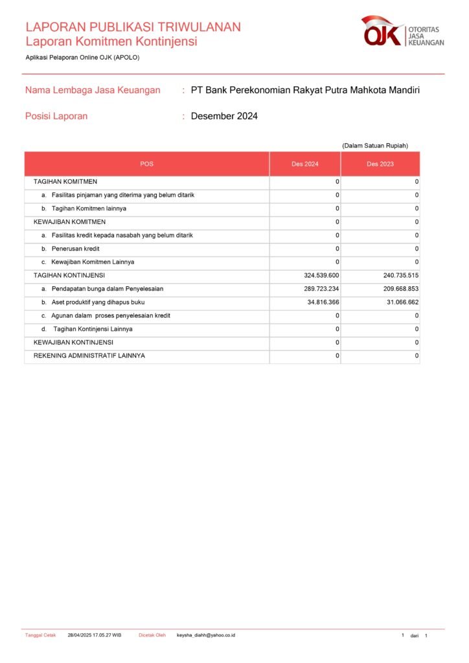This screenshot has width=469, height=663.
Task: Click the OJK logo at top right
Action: [x=402, y=32]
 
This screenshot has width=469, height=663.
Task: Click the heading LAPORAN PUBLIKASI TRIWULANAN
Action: [x=133, y=27]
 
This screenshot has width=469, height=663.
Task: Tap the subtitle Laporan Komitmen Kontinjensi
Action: [x=111, y=42]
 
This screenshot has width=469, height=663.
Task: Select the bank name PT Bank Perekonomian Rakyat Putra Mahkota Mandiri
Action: [x=305, y=90]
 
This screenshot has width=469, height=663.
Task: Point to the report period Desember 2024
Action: [x=224, y=117]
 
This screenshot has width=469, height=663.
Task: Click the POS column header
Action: [x=147, y=164]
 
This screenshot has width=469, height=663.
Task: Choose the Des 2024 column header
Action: [x=304, y=164]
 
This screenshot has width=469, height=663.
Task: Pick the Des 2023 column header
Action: [x=380, y=164]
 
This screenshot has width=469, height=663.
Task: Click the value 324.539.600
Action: [x=317, y=276]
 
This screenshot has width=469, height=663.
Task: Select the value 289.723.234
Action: [x=317, y=289]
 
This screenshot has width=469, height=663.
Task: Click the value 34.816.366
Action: [x=319, y=302]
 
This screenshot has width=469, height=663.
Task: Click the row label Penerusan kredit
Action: [x=75, y=249]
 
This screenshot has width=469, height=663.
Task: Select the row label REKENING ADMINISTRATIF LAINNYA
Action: [x=89, y=356]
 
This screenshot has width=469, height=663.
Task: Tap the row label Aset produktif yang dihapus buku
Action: [x=98, y=302]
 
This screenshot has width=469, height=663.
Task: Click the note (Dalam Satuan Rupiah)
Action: [x=375, y=146]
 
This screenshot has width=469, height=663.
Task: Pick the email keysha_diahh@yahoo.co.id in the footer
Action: [x=206, y=635]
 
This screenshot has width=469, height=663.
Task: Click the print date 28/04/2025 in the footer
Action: [x=81, y=635]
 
